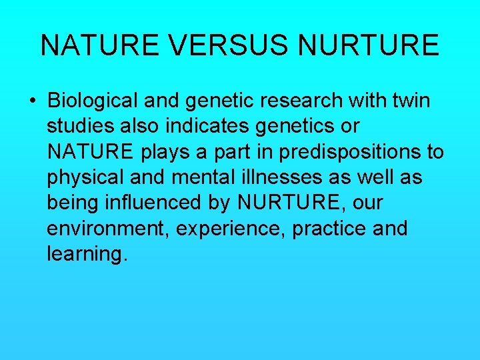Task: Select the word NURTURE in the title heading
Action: [x=369, y=45]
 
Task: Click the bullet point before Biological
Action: [x=32, y=102]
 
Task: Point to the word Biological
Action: [x=93, y=101]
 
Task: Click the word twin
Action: [x=409, y=101]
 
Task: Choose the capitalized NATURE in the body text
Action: [x=91, y=152]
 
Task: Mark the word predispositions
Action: [x=346, y=152]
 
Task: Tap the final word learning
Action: [x=86, y=253]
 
